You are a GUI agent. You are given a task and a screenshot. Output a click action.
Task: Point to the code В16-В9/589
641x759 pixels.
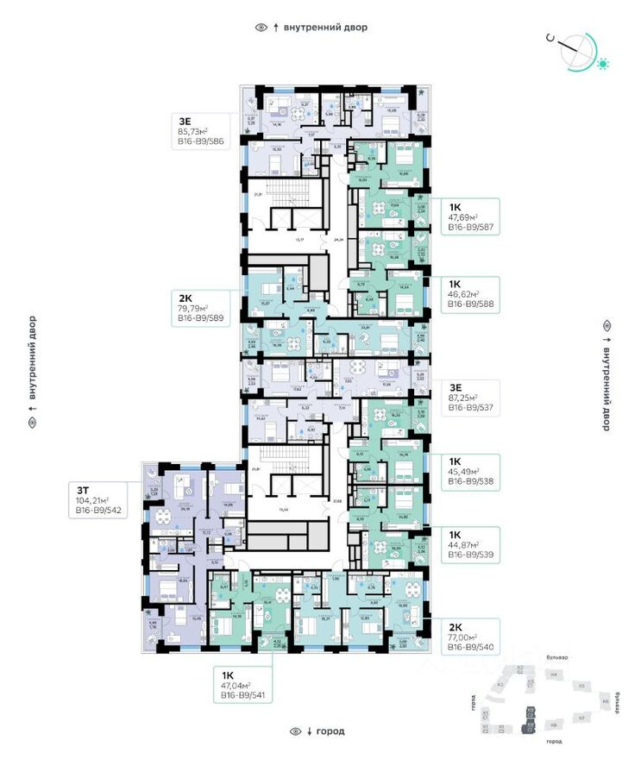click(201, 319)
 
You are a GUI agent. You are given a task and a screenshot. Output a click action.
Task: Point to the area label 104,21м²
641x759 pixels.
click(97, 500)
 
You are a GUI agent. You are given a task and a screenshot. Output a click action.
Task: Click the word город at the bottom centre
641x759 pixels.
click(330, 731)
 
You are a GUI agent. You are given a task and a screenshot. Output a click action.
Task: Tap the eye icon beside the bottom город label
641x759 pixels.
click(297, 731)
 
